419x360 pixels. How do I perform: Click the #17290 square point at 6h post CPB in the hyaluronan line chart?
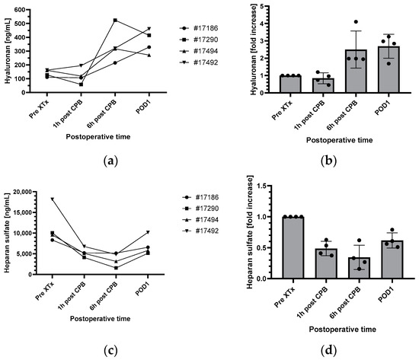pyautogui.click(x=115, y=21)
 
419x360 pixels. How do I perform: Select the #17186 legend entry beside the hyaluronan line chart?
pyautogui.click(x=199, y=28)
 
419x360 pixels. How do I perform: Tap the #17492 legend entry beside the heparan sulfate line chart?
pyautogui.click(x=200, y=231)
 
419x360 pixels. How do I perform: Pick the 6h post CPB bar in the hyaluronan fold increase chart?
pyautogui.click(x=356, y=71)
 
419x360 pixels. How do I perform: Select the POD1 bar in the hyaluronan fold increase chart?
pyautogui.click(x=389, y=69)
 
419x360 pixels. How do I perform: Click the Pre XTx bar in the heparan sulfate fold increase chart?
pyautogui.click(x=293, y=247)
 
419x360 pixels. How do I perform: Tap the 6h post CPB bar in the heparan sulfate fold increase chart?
pyautogui.click(x=359, y=268)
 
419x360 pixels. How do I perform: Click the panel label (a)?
pyautogui.click(x=110, y=161)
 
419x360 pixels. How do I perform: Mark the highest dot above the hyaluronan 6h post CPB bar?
pyautogui.click(x=356, y=22)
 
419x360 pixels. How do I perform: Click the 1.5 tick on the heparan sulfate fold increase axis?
pyautogui.click(x=261, y=186)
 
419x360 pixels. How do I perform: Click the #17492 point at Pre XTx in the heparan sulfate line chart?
pyautogui.click(x=53, y=199)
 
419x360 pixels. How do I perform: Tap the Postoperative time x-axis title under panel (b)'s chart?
pyautogui.click(x=339, y=140)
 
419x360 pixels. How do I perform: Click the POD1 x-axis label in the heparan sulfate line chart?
pyautogui.click(x=142, y=289)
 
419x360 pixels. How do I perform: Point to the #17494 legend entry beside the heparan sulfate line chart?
pyautogui.click(x=200, y=220)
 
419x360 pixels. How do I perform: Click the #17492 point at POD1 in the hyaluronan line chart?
pyautogui.click(x=149, y=28)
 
